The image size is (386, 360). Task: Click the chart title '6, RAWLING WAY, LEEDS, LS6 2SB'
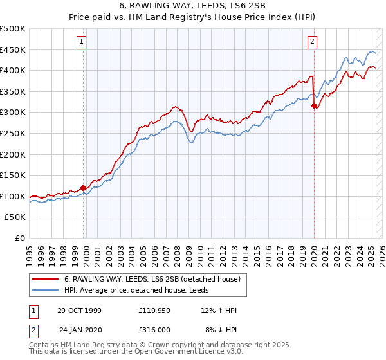click(193, 6)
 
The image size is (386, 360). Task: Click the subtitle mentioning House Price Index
click(193, 17)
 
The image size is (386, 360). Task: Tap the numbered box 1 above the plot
click(82, 42)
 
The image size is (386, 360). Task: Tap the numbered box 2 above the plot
click(313, 42)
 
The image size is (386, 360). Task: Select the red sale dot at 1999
click(84, 188)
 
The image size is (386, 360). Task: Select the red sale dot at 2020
click(314, 106)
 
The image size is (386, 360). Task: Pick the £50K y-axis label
click(15, 217)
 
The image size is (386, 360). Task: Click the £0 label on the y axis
click(21, 239)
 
